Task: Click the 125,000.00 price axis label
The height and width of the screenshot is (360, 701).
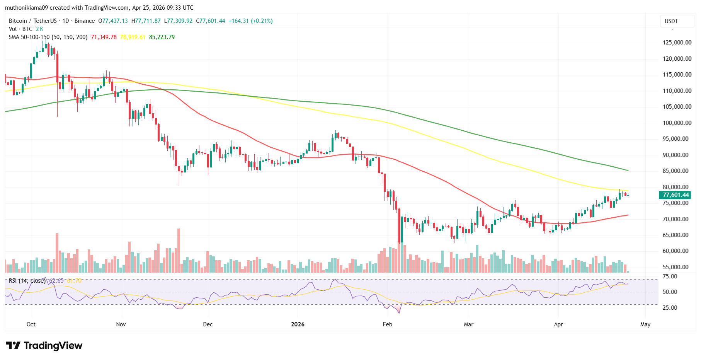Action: click(677, 43)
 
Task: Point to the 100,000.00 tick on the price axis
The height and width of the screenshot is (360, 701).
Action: click(677, 123)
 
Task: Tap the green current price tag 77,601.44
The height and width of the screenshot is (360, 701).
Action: click(675, 195)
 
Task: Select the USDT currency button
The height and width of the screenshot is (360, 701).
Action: click(671, 21)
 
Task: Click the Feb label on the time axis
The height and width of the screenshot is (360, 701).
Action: click(387, 324)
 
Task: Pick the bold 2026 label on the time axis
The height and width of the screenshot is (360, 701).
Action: click(298, 324)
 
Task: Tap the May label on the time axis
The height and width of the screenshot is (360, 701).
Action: click(645, 324)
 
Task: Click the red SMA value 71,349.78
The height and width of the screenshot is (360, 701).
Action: click(104, 37)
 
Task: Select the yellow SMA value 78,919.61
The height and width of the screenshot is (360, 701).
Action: click(133, 37)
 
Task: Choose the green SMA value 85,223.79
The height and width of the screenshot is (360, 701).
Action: click(162, 37)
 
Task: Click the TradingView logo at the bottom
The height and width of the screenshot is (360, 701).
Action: click(44, 345)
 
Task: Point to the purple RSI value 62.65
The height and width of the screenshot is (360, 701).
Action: click(56, 281)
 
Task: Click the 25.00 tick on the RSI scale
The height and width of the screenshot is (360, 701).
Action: click(670, 308)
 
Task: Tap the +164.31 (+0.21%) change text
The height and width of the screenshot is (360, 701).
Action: click(250, 21)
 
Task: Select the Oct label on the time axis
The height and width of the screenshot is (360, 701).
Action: click(31, 324)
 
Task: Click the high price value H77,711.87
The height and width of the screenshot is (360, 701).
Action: click(146, 21)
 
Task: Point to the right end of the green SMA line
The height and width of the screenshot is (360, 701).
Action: click(628, 170)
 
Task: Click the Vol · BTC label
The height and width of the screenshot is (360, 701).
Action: click(20, 29)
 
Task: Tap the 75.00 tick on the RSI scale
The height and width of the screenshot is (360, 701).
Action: click(670, 276)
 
